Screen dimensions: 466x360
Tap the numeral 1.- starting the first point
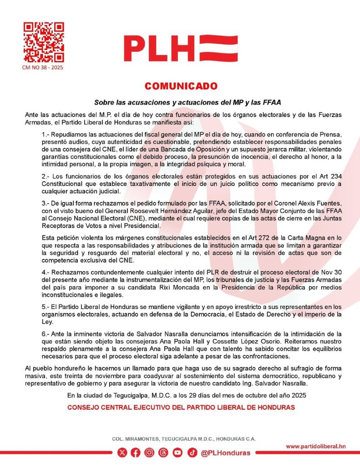[46, 135]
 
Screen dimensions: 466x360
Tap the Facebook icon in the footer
[136, 452]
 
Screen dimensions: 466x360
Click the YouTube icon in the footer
[177, 452]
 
